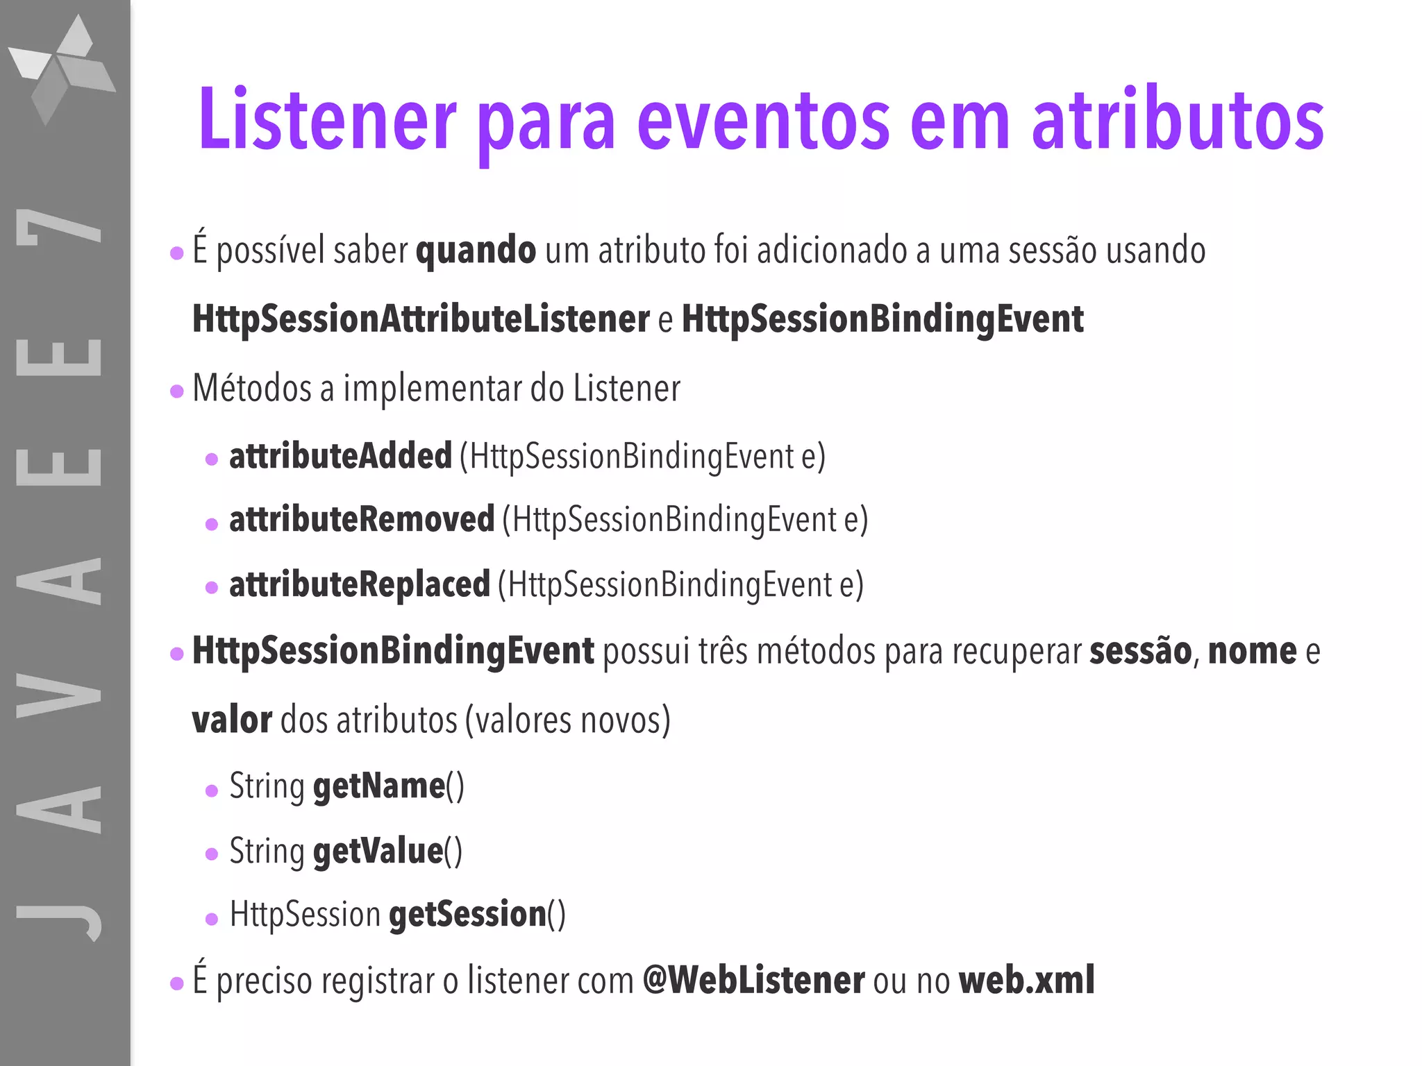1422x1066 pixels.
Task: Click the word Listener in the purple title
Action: (x=327, y=119)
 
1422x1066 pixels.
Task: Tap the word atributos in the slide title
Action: (x=1178, y=119)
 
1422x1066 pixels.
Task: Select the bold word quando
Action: (x=476, y=251)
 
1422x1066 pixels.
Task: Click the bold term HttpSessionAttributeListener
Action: (x=421, y=319)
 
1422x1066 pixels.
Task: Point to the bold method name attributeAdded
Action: (x=340, y=457)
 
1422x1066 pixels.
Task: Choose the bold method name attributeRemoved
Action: (x=362, y=520)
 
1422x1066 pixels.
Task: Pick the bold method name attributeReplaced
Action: (x=360, y=584)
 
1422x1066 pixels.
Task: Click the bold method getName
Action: (x=379, y=786)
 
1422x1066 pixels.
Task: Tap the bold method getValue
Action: (x=378, y=852)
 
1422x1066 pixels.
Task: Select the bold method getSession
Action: (x=467, y=914)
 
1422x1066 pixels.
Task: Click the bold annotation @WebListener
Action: (x=753, y=980)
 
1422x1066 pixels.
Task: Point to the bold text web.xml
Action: (x=1026, y=980)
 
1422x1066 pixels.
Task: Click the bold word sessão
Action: (x=1140, y=651)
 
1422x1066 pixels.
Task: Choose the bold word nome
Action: (x=1252, y=651)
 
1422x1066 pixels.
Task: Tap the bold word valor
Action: (x=232, y=720)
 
